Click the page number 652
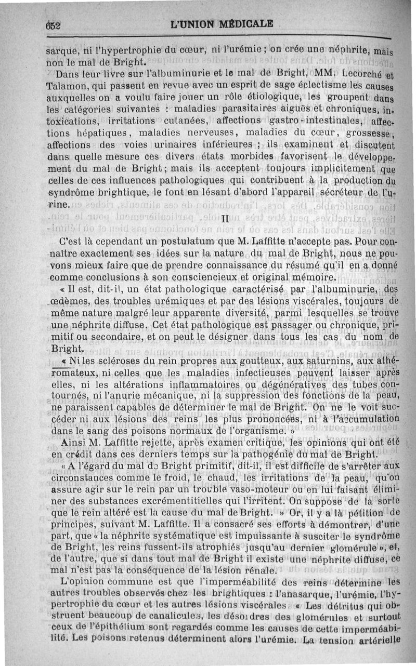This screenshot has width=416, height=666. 53,24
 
